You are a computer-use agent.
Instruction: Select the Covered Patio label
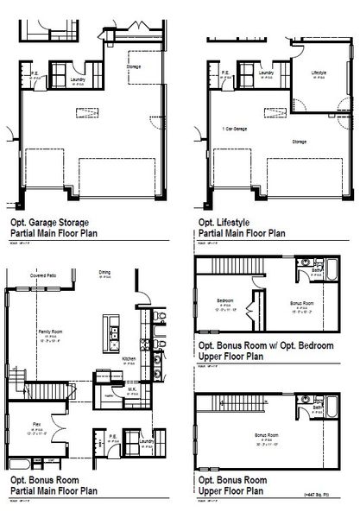pyautogui.click(x=44, y=277)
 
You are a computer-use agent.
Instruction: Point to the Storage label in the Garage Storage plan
pyautogui.click(x=133, y=66)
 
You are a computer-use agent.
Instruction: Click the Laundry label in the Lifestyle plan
pyautogui.click(x=266, y=74)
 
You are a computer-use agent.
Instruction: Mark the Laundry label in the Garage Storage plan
pyautogui.click(x=76, y=78)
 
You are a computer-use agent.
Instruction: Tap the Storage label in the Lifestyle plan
pyautogui.click(x=299, y=141)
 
